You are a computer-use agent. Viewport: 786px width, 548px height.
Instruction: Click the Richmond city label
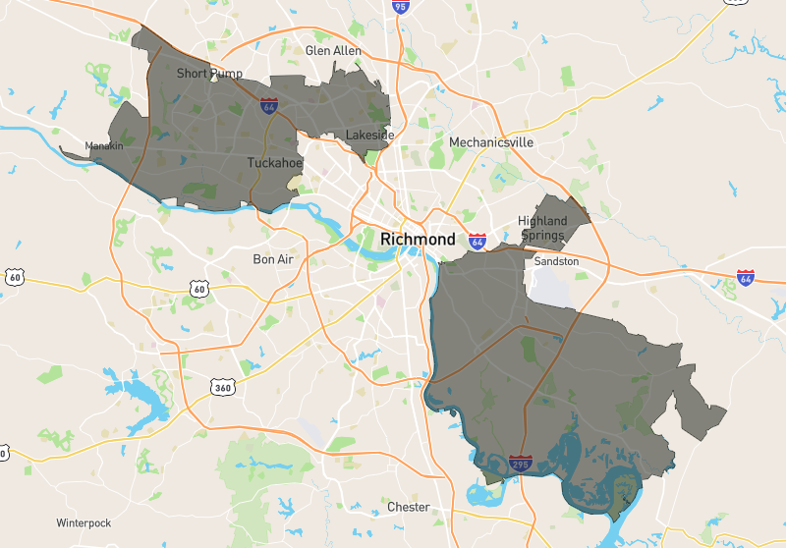click(418, 239)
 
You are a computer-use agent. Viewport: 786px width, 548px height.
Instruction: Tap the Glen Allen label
click(333, 50)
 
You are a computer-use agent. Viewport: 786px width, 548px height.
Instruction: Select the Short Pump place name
click(209, 74)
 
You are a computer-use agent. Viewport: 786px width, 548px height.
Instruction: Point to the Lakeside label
click(370, 135)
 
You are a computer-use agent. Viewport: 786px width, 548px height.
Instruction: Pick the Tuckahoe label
click(275, 163)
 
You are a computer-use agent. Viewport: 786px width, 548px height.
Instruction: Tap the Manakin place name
click(104, 145)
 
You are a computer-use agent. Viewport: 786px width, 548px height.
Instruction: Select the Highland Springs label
click(542, 228)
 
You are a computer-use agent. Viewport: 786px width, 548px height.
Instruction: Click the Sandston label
click(557, 261)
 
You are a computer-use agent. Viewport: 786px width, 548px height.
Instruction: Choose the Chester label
click(409, 507)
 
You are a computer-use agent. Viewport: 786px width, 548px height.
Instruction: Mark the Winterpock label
click(84, 522)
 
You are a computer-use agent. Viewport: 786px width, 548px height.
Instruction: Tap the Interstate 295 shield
click(521, 463)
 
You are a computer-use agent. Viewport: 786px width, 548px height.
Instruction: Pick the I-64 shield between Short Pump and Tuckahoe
click(268, 106)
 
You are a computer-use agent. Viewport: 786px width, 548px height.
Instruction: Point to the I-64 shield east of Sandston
click(746, 278)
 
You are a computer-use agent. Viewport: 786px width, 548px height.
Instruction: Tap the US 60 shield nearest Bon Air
click(199, 288)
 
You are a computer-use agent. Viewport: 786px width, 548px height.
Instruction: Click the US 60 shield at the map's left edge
click(14, 277)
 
